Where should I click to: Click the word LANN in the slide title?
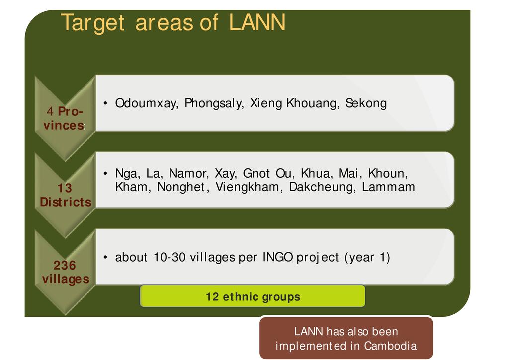(x=257, y=22)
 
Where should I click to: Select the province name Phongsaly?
(x=214, y=103)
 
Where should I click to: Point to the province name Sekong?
(x=366, y=103)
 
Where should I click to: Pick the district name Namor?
(x=188, y=173)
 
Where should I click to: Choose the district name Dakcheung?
(x=322, y=187)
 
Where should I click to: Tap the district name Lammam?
(x=388, y=187)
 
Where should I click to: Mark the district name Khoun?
(x=388, y=173)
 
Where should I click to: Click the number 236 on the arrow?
(x=65, y=265)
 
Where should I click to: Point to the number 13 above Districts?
(x=65, y=188)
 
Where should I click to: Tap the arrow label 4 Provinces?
(x=65, y=118)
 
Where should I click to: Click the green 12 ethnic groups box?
(x=253, y=296)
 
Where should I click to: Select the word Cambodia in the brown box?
(x=390, y=346)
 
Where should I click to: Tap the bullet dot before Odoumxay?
(x=105, y=103)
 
